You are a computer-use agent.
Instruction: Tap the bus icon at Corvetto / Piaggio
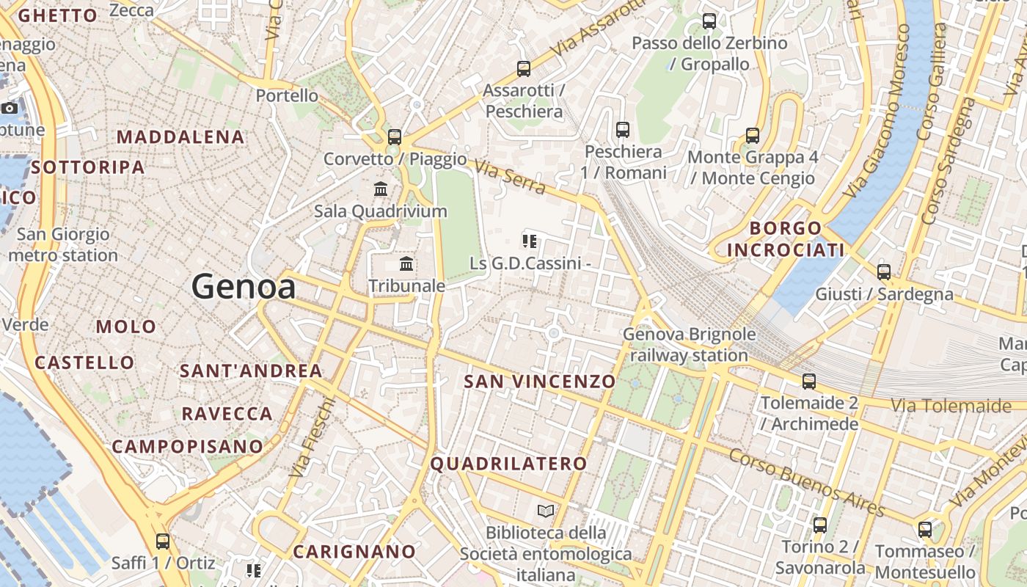click(395, 136)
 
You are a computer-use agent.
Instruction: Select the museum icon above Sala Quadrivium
click(381, 189)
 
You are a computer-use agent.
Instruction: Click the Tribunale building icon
click(406, 263)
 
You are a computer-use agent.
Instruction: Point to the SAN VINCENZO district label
click(540, 382)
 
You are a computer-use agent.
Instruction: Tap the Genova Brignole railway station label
click(689, 345)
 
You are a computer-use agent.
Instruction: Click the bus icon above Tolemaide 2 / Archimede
click(809, 382)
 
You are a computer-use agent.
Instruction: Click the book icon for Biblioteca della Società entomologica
click(546, 511)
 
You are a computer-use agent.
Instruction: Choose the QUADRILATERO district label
click(509, 464)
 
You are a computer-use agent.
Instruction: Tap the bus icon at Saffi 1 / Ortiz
click(163, 542)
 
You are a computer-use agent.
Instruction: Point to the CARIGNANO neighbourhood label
click(354, 551)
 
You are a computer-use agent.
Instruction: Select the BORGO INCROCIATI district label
click(786, 239)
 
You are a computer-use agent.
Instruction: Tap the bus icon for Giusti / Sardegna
click(884, 272)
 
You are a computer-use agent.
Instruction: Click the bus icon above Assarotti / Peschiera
click(524, 69)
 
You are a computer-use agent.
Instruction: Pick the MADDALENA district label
click(180, 137)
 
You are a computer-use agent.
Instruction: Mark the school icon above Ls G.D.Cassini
click(530, 241)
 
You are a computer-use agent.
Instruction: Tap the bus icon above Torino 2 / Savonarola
click(820, 525)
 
